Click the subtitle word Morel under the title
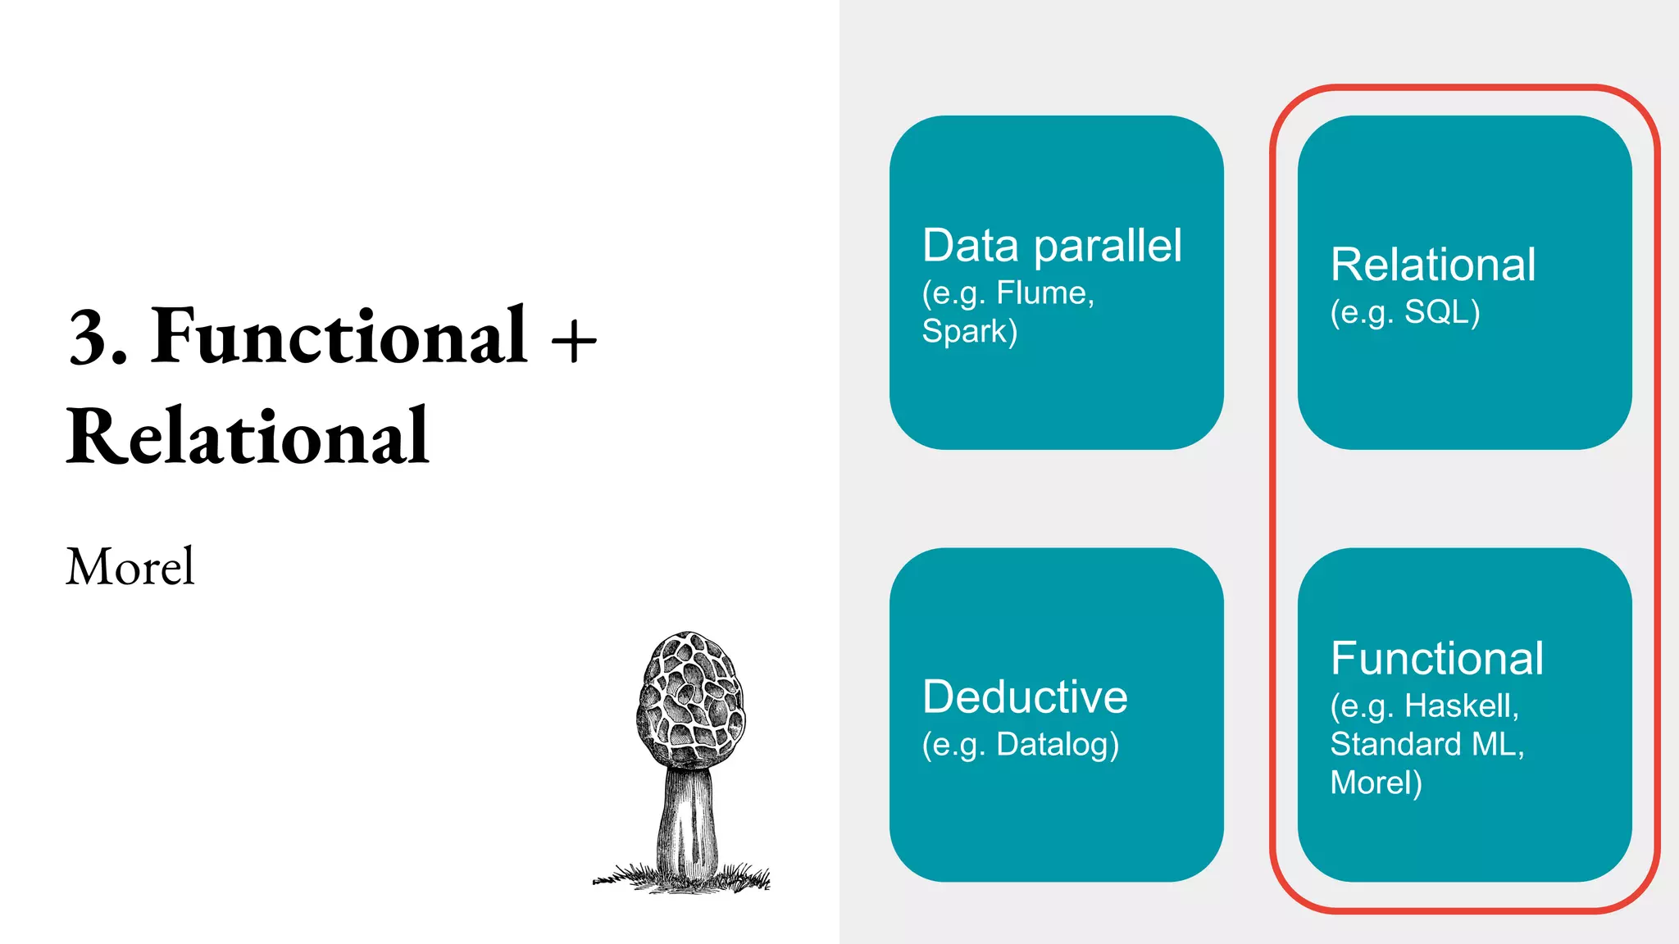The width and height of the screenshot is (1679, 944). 130,566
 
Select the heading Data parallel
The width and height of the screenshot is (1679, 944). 1052,246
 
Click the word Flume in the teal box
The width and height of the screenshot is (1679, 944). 1042,293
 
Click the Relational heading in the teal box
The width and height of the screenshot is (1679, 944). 1433,265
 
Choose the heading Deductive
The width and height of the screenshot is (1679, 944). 1025,697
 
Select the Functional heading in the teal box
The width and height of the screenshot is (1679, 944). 1437,659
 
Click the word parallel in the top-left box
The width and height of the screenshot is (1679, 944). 1108,246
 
